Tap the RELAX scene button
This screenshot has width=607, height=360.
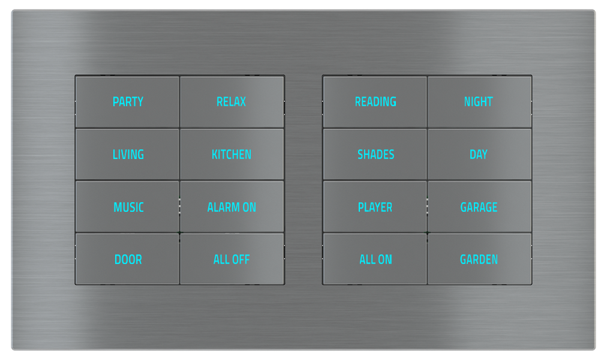[x=232, y=102]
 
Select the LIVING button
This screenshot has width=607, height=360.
[x=128, y=155]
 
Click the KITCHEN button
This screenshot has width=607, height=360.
[x=232, y=155]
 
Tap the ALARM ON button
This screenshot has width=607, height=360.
[x=232, y=208]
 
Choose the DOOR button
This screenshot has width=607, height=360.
[x=128, y=260]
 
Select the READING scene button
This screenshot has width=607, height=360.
[x=375, y=102]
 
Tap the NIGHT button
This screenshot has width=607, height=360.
[x=479, y=102]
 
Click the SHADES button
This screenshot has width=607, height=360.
[x=375, y=155]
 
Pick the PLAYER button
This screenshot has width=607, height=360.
[x=375, y=208]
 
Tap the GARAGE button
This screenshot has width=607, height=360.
[x=479, y=208]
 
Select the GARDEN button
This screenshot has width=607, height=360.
[x=479, y=260]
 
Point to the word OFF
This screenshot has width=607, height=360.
[x=240, y=260]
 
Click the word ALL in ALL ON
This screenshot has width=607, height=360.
[x=367, y=260]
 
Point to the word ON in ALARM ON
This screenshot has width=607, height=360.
[x=249, y=208]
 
